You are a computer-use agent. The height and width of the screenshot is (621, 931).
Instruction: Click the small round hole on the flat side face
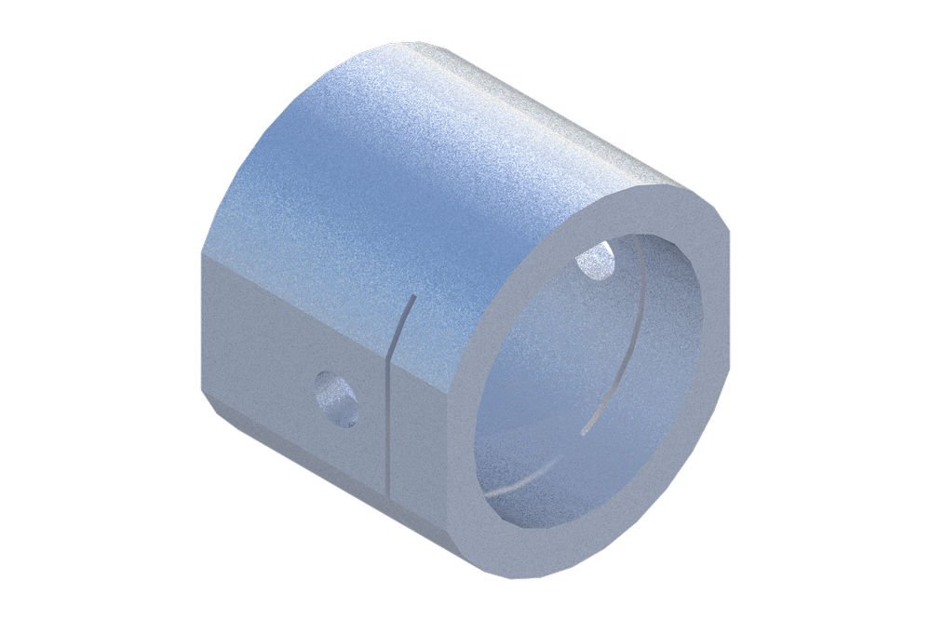(x=336, y=398)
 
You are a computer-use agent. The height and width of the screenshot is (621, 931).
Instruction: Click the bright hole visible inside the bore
(x=596, y=261)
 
